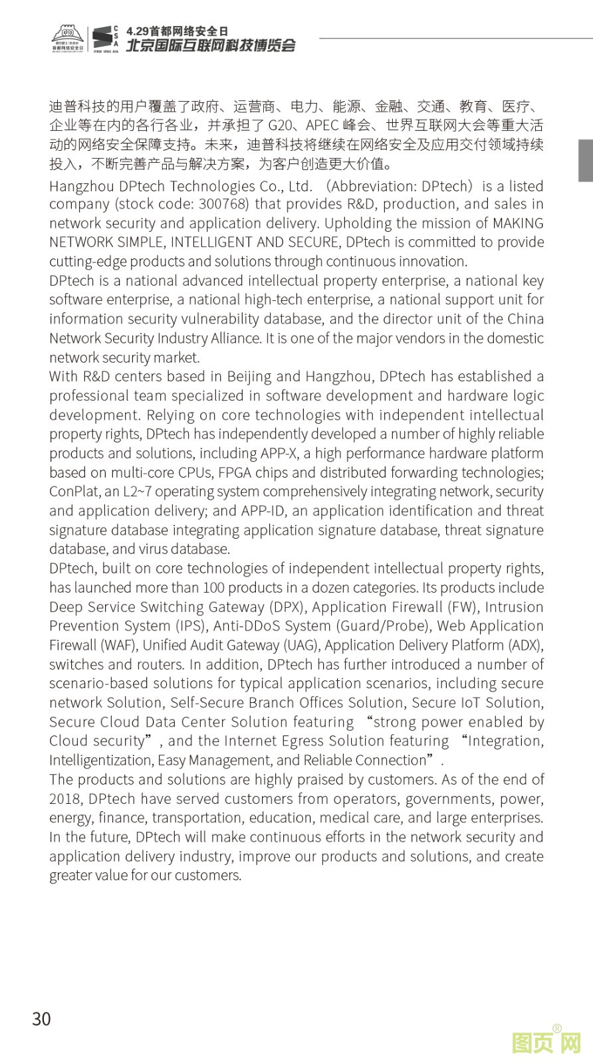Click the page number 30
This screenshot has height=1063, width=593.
(x=41, y=1019)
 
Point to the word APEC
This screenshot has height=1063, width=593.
(x=323, y=126)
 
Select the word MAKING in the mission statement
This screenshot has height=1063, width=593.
(x=518, y=223)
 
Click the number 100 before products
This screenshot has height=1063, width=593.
(x=214, y=588)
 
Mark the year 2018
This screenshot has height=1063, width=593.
(x=64, y=799)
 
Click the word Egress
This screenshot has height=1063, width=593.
(x=298, y=741)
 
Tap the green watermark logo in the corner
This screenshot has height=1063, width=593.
(x=546, y=1042)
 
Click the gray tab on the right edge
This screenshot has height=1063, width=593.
(x=585, y=160)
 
